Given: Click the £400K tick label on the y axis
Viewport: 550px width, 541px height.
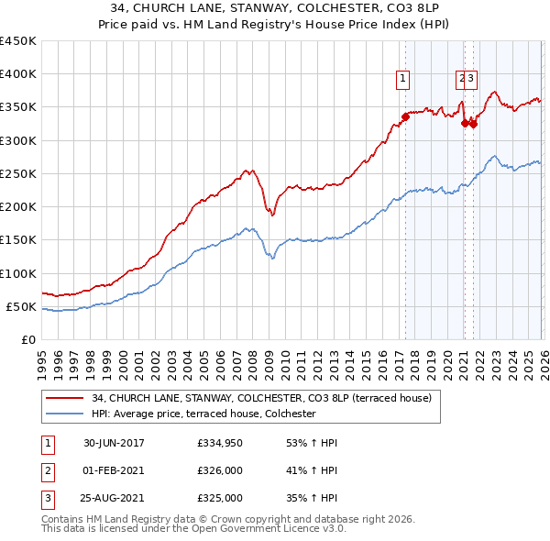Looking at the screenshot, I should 18,74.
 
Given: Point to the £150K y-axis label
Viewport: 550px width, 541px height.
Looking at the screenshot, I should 18,240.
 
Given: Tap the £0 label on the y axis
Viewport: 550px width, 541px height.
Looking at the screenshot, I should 29,339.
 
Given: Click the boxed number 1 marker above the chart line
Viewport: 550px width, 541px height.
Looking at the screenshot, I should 403,79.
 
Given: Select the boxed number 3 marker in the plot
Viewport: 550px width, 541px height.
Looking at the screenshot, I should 471,79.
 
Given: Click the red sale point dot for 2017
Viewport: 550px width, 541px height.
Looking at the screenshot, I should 405,116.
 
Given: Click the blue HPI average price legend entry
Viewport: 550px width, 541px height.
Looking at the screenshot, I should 203,414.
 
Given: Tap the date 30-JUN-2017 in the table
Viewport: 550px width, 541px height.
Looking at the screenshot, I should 114,443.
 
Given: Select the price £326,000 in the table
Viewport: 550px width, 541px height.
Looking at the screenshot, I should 220,470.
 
